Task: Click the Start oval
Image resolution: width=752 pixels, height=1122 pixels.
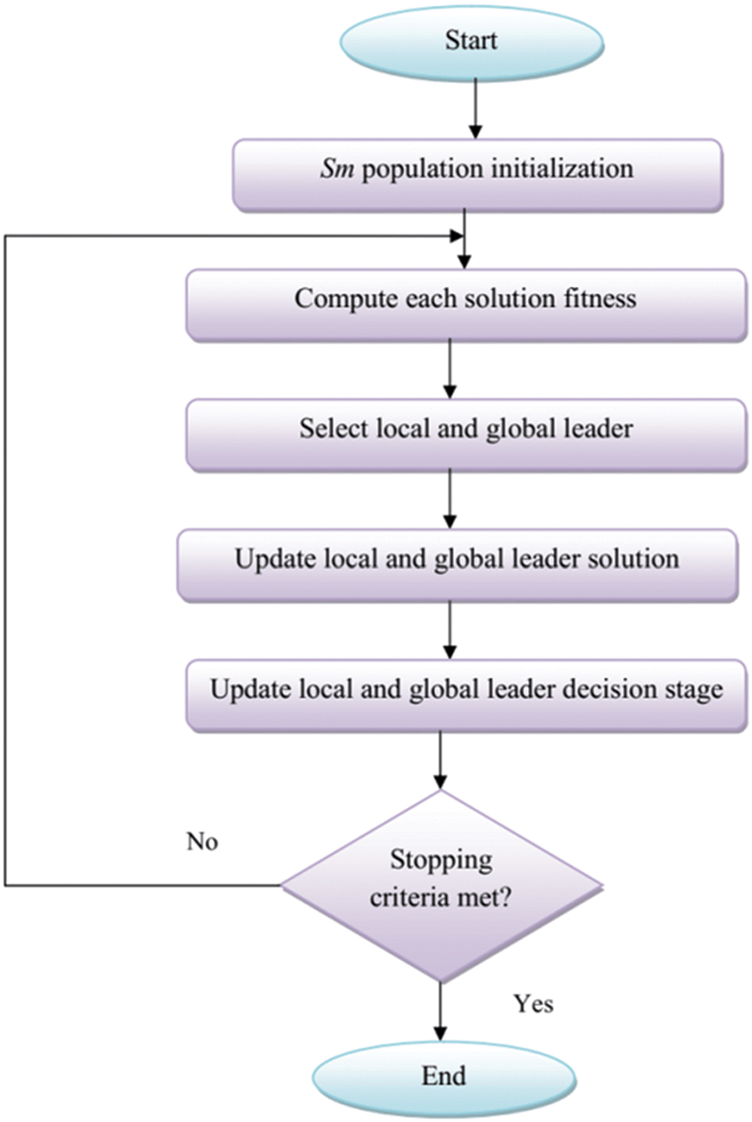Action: (470, 42)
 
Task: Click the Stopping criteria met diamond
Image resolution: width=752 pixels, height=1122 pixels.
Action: (441, 885)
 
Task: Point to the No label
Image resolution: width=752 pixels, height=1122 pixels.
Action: (202, 841)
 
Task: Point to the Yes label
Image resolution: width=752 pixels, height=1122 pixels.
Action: (533, 1004)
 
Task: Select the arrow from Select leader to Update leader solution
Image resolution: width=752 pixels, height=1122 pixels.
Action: (450, 497)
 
